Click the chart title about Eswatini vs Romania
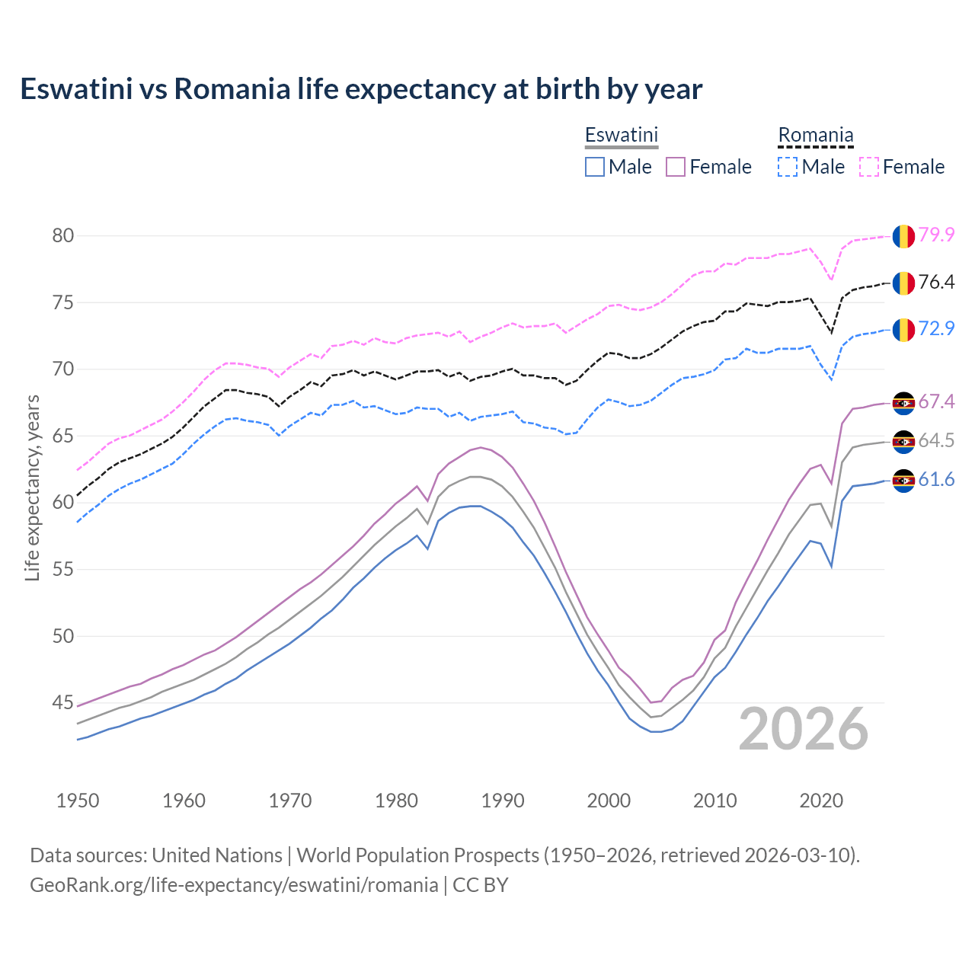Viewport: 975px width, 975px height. click(x=361, y=89)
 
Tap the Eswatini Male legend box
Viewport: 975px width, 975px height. click(x=595, y=167)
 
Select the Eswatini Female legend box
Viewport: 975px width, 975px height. click(x=676, y=167)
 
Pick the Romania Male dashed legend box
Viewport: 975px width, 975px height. click(x=788, y=167)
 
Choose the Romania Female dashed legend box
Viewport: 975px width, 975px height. click(x=869, y=167)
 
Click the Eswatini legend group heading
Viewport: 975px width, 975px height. click(x=621, y=135)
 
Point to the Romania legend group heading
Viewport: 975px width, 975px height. click(x=815, y=135)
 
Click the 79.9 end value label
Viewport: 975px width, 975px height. click(x=936, y=235)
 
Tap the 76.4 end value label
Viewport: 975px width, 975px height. click(x=936, y=282)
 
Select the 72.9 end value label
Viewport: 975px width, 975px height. click(x=936, y=328)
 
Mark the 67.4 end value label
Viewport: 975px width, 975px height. click(x=936, y=401)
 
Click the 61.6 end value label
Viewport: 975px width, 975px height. click(x=936, y=479)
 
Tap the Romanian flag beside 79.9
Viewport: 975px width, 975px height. click(x=903, y=236)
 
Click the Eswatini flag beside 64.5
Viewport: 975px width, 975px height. click(x=903, y=442)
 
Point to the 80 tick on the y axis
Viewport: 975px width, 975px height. click(x=63, y=235)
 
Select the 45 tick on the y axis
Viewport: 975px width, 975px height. click(x=63, y=702)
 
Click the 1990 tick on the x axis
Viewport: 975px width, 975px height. click(x=503, y=801)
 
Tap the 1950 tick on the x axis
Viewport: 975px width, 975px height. click(x=78, y=801)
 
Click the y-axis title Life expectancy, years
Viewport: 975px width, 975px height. click(x=32, y=487)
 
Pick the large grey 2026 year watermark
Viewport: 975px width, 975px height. click(x=804, y=729)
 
